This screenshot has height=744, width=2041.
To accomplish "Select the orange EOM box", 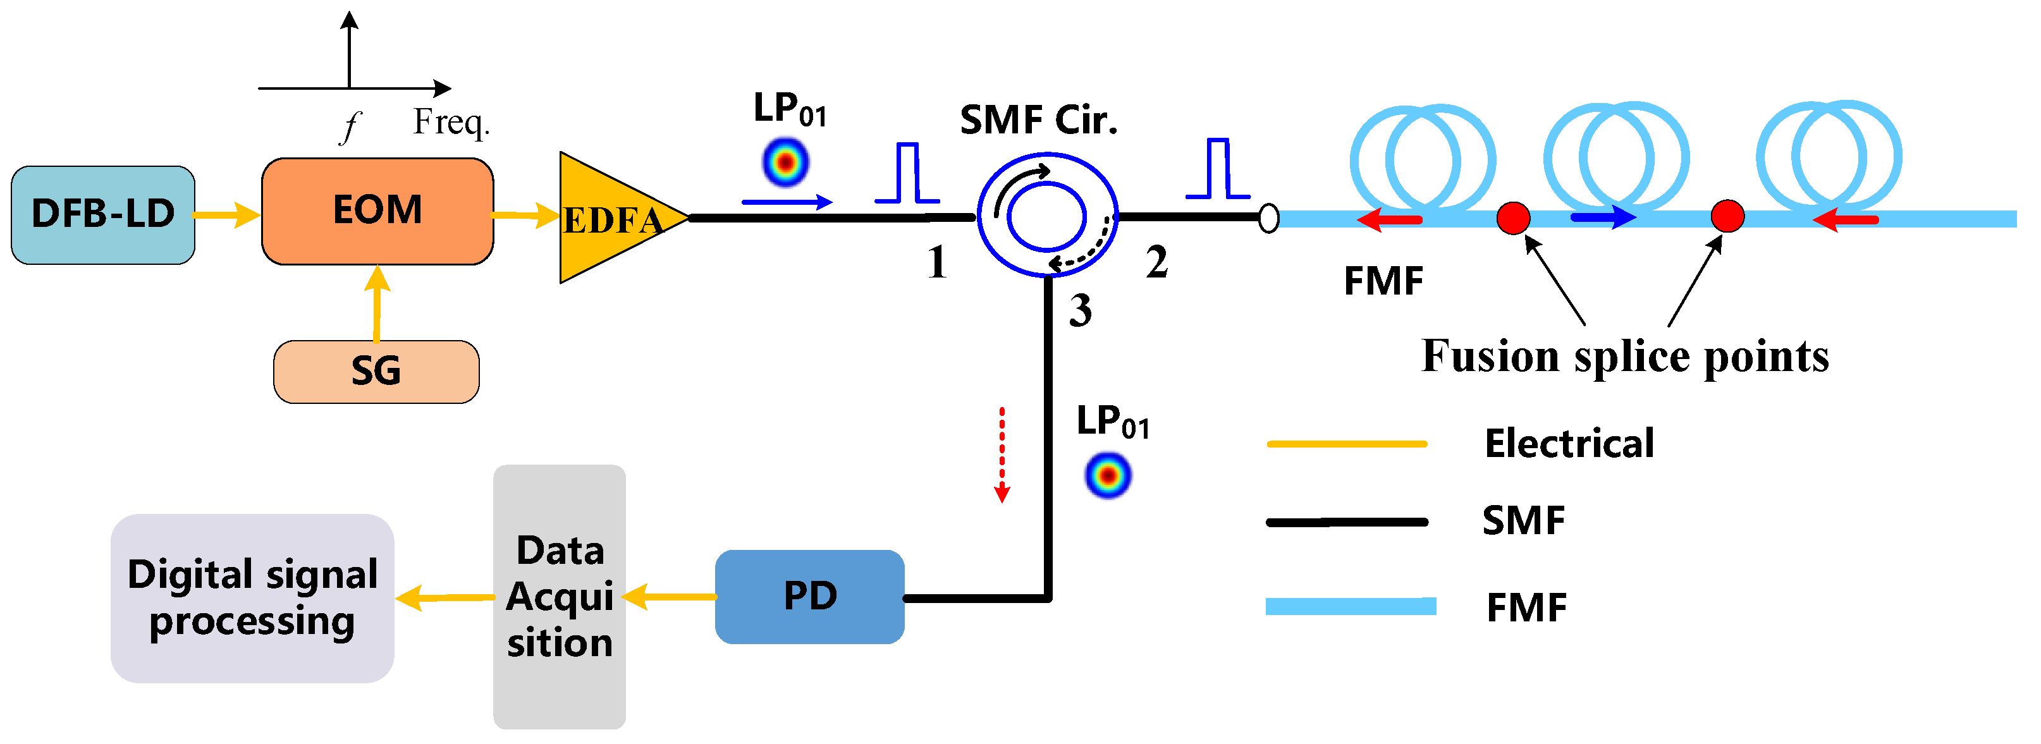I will [x=377, y=210].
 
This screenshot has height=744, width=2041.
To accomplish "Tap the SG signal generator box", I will [x=376, y=372].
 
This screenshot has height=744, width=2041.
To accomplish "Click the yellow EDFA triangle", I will [x=610, y=219].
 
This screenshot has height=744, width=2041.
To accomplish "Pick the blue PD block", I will [x=809, y=597].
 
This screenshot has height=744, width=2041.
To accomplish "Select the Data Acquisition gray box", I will [x=560, y=597].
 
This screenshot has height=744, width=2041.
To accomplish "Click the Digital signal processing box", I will [x=252, y=598].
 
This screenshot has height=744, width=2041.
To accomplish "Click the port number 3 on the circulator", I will [x=1080, y=310].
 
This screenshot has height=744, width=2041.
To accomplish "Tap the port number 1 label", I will [x=936, y=262].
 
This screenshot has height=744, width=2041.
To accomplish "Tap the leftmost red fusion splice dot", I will [x=1512, y=218].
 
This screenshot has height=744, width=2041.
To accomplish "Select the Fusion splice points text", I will [x=1625, y=356].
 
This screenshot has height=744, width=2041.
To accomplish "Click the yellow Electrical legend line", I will [x=1346, y=444].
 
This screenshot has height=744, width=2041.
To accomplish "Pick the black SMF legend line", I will [x=1346, y=522].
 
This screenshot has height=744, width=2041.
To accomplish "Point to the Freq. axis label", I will [x=451, y=122].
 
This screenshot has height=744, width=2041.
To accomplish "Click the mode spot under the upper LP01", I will [x=785, y=162].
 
